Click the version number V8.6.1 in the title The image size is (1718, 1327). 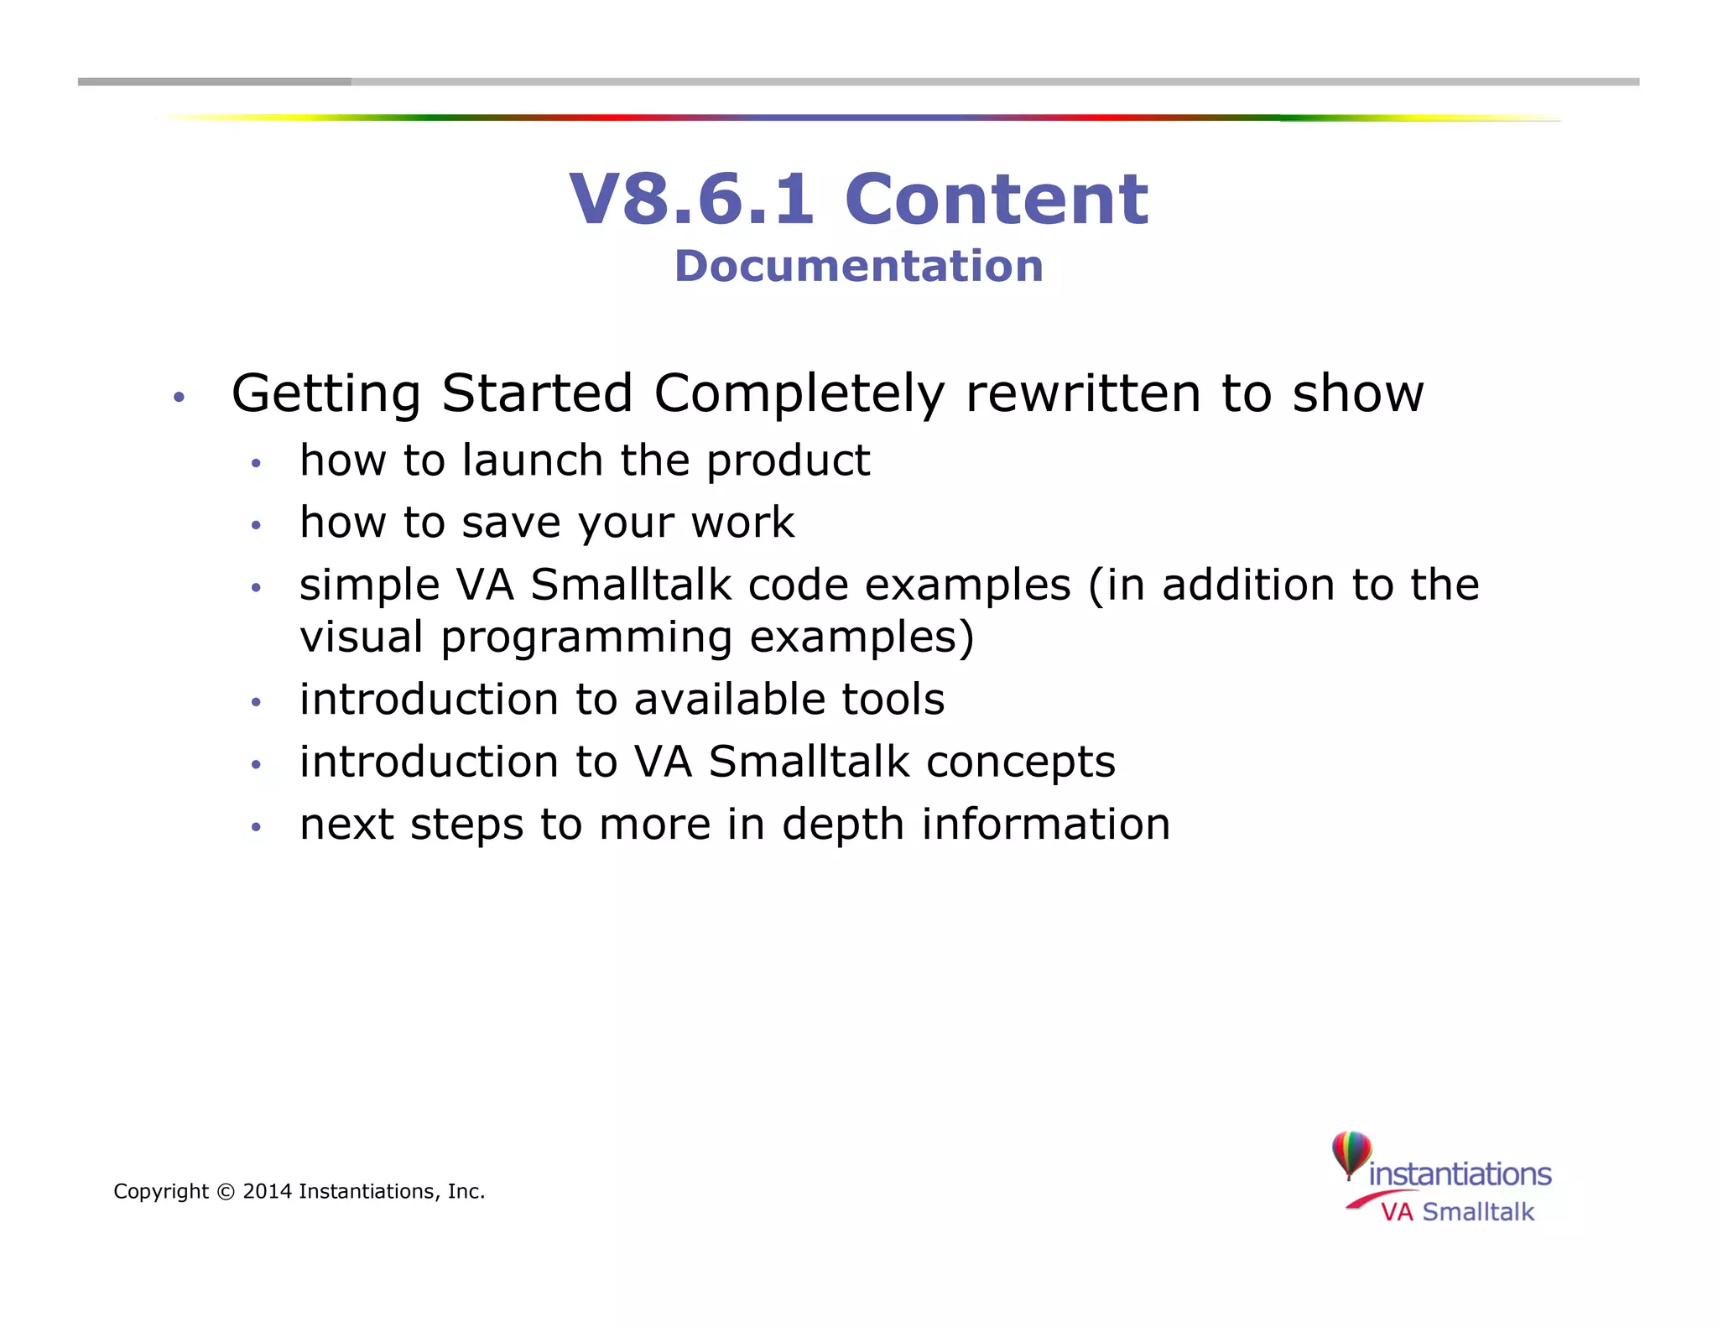click(x=691, y=200)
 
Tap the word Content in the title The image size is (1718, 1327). click(x=997, y=200)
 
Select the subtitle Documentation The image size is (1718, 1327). click(x=859, y=266)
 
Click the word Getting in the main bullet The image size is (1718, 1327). click(x=326, y=393)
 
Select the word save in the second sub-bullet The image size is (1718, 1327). click(x=511, y=523)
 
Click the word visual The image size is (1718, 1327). click(x=362, y=637)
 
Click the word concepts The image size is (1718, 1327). click(x=1021, y=762)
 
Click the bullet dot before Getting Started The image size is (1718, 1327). click(x=178, y=397)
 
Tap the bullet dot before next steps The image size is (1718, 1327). click(x=257, y=828)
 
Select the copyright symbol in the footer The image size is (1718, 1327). click(x=226, y=1192)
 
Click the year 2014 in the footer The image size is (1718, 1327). click(x=267, y=1192)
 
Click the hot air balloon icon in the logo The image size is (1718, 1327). click(x=1351, y=1153)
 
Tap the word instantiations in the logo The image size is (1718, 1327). click(x=1460, y=1174)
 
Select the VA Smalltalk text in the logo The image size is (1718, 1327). click(x=1457, y=1212)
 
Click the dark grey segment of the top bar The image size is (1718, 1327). click(x=214, y=82)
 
